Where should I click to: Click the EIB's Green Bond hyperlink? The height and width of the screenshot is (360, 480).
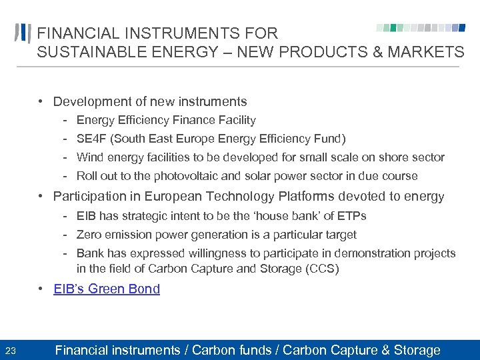[107, 289]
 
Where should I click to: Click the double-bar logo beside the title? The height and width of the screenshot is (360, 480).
[23, 33]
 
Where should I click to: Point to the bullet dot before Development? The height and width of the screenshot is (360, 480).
[41, 101]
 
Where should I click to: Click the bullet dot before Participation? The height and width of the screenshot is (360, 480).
[41, 196]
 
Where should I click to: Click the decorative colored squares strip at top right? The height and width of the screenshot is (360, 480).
[420, 28]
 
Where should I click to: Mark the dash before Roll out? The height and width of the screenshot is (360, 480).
[67, 176]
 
